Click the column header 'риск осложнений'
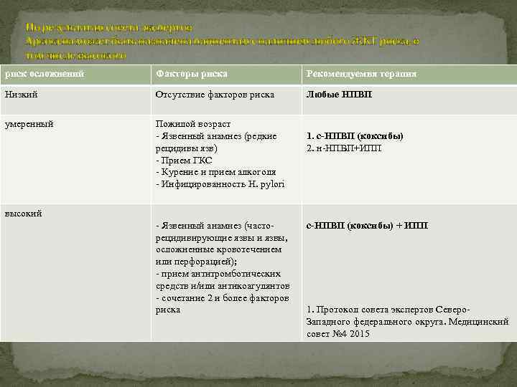tap(45, 74)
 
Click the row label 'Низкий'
tap(21, 95)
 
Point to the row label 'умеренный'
tap(29, 124)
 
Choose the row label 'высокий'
tap(24, 214)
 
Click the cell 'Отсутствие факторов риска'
tap(215, 95)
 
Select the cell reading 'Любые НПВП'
tap(340, 95)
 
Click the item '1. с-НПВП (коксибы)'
tap(355, 136)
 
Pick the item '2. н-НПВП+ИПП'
tap(344, 148)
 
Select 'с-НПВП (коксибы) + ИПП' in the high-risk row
tap(367, 226)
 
